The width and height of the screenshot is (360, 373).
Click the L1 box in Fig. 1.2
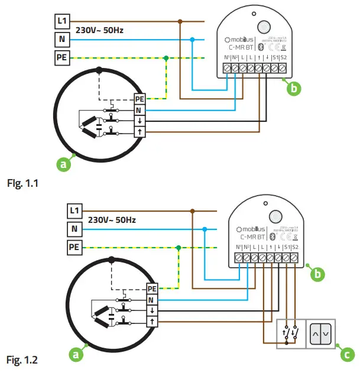[74, 210]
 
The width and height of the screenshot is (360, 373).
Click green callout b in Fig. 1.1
[294, 89]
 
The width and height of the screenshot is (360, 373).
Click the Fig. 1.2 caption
[21, 359]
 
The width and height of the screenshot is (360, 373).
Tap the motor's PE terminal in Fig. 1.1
[140, 99]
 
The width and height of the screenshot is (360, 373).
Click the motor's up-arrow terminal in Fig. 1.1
[140, 132]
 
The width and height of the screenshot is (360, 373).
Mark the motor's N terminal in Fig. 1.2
[152, 300]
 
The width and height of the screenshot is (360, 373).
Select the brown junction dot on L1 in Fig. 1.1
[180, 21]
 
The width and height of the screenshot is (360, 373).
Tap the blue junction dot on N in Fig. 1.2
[204, 229]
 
